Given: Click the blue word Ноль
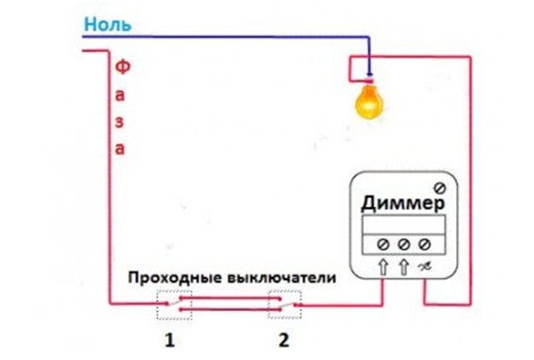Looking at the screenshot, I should point(108,23).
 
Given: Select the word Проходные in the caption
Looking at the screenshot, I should point(175,280).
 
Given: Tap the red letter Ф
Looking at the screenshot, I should point(121,69).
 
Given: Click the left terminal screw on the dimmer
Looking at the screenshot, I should point(383,242).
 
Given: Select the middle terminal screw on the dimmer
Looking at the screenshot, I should point(405,242).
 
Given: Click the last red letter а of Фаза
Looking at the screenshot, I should point(120,148).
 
